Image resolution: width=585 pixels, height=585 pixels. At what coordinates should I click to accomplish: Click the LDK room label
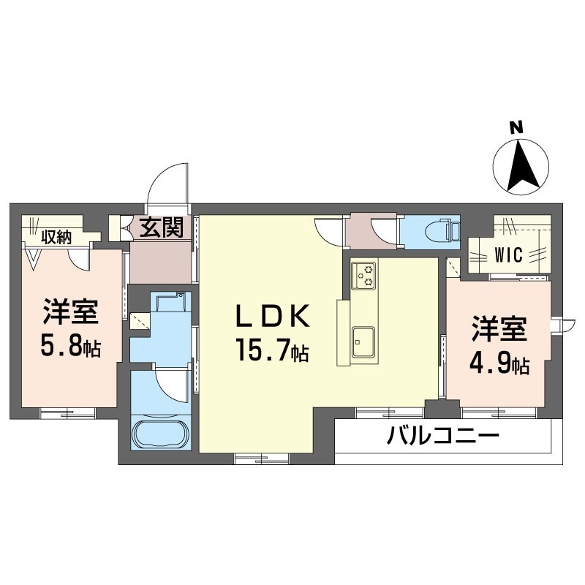tap(272, 316)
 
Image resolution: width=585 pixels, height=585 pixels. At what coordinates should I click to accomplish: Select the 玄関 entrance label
tap(162, 227)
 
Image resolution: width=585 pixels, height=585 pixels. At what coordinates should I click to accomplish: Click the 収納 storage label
tap(56, 237)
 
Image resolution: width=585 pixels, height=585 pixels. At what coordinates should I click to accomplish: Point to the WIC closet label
tap(508, 255)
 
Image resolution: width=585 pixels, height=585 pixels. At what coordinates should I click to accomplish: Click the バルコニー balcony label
tap(442, 436)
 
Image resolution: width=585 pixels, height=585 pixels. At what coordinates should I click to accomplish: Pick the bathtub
tap(162, 434)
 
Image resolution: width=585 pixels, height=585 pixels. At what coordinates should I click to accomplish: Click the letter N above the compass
tap(516, 129)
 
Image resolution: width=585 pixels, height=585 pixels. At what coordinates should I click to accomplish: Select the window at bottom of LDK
tap(263, 458)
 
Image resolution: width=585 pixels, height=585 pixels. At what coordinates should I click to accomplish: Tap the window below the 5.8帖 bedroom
tap(67, 413)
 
